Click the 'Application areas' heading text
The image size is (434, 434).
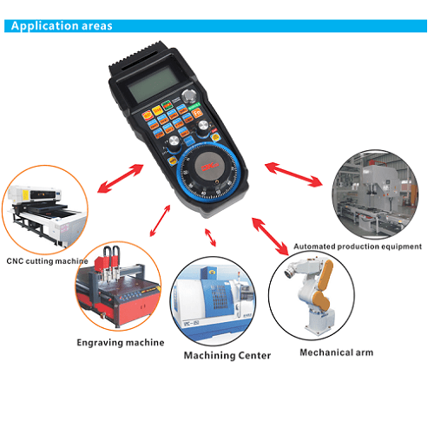point(61,25)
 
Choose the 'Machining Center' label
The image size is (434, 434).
point(227,355)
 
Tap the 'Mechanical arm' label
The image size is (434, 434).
point(335,352)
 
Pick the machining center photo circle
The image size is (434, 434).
point(217,300)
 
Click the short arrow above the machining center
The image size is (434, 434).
point(209,235)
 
